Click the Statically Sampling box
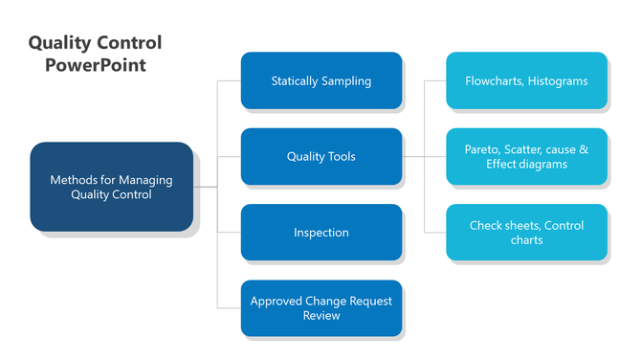point(320,80)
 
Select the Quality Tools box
point(320,157)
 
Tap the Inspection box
point(320,233)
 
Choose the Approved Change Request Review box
point(320,307)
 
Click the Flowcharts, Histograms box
point(526,80)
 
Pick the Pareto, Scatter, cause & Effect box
point(526,157)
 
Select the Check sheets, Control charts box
point(526,233)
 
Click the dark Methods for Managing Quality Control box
point(111,187)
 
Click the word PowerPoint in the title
point(95,65)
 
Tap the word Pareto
point(483,150)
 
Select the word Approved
point(276,301)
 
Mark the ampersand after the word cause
point(584,150)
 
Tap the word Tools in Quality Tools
point(343,157)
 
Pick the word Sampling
point(347,81)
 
